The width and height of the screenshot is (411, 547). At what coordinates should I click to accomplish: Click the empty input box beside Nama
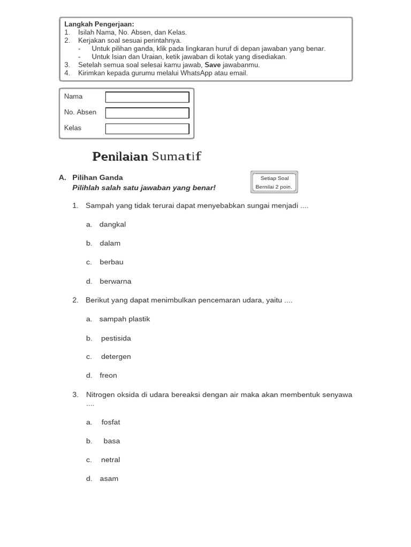(x=147, y=97)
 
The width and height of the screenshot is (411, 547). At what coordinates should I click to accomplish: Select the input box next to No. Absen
(x=147, y=113)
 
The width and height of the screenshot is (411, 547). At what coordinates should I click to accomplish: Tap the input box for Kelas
(x=147, y=129)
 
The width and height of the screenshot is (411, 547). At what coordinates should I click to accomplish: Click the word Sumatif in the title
(x=177, y=157)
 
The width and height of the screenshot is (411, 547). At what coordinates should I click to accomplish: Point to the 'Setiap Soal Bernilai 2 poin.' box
(x=273, y=182)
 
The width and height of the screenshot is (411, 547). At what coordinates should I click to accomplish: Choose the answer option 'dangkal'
(x=112, y=224)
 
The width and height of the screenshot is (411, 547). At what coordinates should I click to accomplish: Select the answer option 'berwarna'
(x=115, y=282)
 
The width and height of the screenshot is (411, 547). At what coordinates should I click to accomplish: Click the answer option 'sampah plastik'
(x=124, y=319)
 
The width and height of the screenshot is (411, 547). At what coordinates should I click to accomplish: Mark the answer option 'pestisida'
(x=116, y=338)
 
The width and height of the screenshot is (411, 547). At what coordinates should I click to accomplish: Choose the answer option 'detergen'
(x=116, y=356)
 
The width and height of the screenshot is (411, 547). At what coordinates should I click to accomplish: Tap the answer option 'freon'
(x=108, y=376)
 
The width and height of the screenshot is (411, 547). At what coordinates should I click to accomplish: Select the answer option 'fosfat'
(x=111, y=422)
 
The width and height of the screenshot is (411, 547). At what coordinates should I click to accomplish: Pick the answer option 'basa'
(x=112, y=441)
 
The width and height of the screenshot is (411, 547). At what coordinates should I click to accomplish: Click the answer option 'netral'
(x=110, y=460)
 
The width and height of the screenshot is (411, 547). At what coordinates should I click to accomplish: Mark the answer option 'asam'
(x=109, y=479)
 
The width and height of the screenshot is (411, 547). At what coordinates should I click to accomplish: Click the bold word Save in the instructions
(x=212, y=65)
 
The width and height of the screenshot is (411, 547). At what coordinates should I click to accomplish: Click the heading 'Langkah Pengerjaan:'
(x=99, y=24)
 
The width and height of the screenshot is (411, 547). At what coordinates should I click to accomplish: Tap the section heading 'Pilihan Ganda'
(x=97, y=177)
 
